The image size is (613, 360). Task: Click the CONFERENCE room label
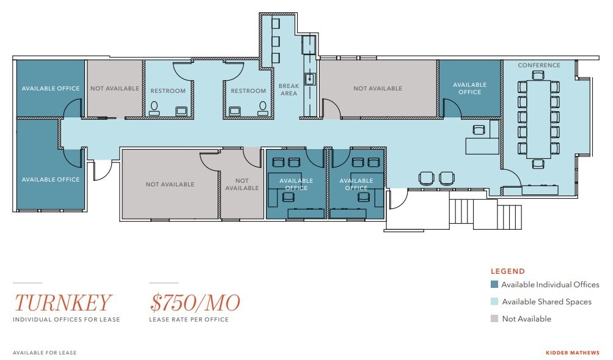[x=539, y=65]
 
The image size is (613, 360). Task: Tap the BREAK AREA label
[x=288, y=89]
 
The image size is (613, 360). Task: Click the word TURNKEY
[x=64, y=303]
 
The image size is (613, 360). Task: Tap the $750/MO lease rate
[x=195, y=303]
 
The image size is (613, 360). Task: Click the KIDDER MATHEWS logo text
[x=572, y=353]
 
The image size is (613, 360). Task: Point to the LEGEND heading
[x=507, y=271]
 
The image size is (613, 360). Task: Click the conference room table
[x=538, y=119]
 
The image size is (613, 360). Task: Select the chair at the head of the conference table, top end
[x=538, y=75]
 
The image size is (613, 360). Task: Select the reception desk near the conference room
[x=482, y=145]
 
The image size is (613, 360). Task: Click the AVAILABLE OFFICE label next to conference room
[x=469, y=89]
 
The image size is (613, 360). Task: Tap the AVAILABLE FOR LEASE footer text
[x=45, y=353]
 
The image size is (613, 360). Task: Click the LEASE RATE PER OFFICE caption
[x=189, y=320]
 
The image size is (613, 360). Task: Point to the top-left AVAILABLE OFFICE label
[x=51, y=89]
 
